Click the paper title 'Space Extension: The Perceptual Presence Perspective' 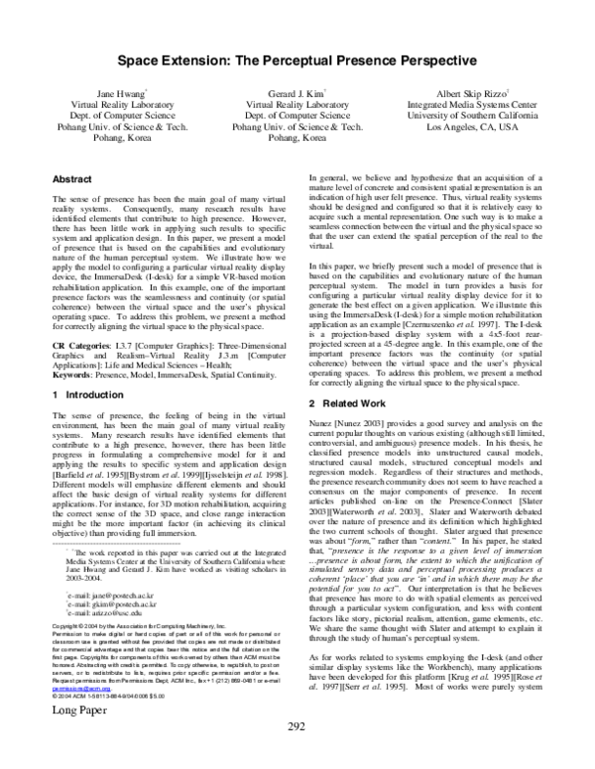[x=297, y=61]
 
